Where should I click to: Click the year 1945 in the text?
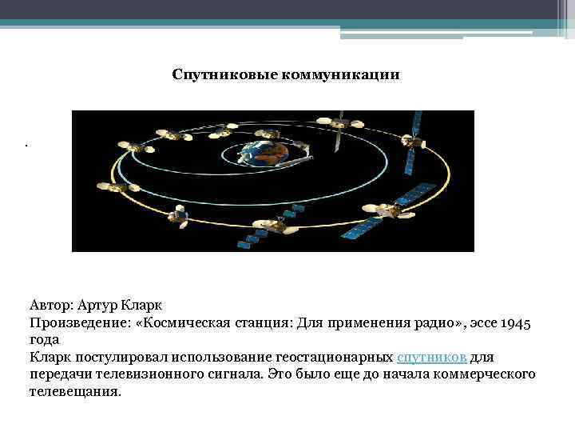click(x=521, y=322)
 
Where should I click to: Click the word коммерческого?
click(x=486, y=374)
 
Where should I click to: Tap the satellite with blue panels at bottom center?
click(x=272, y=226)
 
